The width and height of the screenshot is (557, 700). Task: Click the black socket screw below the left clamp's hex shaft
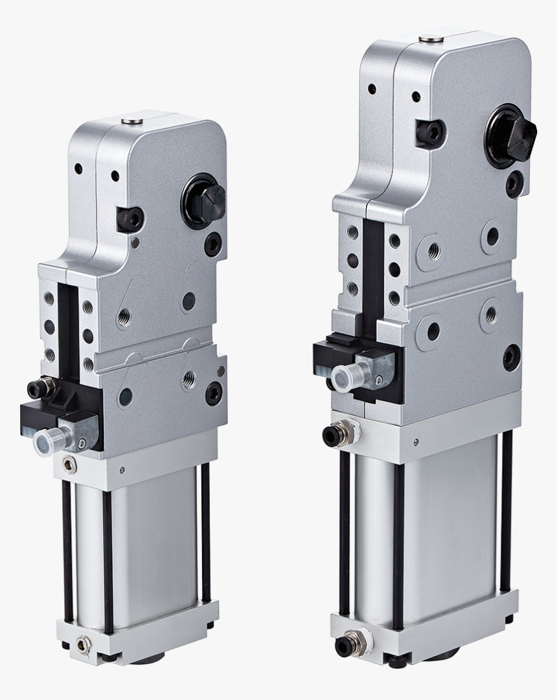point(212,244)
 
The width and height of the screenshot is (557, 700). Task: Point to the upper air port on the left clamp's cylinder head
point(68,463)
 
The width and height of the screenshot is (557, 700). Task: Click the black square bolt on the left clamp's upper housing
point(130,219)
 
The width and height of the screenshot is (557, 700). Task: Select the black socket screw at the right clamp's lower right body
point(510,356)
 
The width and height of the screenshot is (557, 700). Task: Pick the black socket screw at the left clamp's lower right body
point(214,391)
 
